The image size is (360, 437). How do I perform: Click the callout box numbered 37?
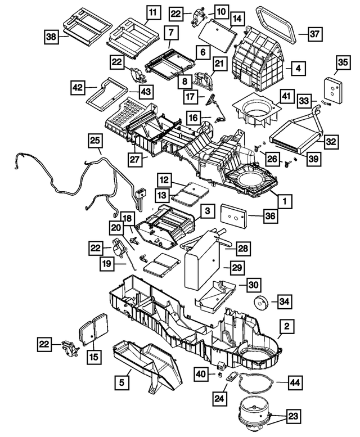point(315,34)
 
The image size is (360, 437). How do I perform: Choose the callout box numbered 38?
point(52,37)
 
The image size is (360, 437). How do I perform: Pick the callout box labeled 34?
point(286,302)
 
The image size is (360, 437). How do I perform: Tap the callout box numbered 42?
point(78,87)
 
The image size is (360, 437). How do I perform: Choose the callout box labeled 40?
point(201,373)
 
